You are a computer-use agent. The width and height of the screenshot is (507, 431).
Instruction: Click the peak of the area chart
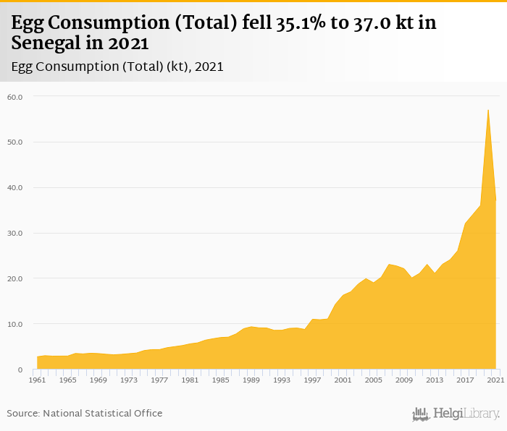click(488, 110)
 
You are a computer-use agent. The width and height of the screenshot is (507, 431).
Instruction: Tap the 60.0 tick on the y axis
click(15, 96)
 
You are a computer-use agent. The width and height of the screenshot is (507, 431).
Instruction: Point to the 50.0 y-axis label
click(15, 142)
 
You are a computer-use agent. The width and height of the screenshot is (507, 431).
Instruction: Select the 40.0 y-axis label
click(15, 187)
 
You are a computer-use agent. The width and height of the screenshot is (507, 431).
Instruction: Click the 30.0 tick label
click(15, 233)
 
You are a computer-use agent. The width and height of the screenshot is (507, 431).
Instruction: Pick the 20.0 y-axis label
click(15, 278)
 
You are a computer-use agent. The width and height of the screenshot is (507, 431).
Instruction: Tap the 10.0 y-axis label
click(15, 324)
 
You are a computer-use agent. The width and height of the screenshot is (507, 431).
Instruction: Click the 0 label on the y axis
click(20, 370)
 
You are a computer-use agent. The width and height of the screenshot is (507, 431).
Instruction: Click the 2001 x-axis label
click(343, 380)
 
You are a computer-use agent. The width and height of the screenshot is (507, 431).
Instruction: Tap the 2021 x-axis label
click(495, 380)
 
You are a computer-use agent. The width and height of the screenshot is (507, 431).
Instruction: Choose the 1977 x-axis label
click(159, 380)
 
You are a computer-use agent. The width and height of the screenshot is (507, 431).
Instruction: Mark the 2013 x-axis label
click(434, 380)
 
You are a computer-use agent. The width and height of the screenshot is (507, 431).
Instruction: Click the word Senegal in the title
click(45, 43)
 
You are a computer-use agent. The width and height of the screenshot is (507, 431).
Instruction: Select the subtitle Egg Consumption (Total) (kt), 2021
click(117, 67)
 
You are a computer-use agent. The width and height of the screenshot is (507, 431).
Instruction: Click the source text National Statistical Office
click(103, 413)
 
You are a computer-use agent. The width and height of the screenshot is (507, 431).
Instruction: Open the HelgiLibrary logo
click(456, 414)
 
